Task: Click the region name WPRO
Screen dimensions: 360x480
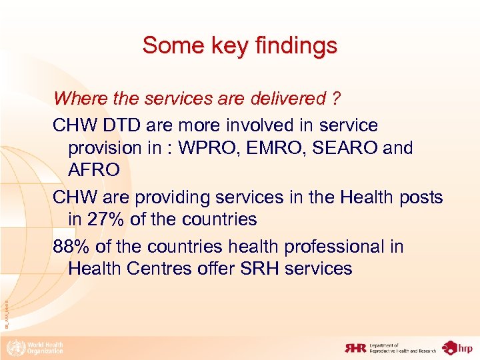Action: (x=202, y=147)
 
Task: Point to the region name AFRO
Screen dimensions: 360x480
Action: (x=94, y=170)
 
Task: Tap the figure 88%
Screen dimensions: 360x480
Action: (x=71, y=246)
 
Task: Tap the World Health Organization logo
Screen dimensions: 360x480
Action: (x=34, y=347)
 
